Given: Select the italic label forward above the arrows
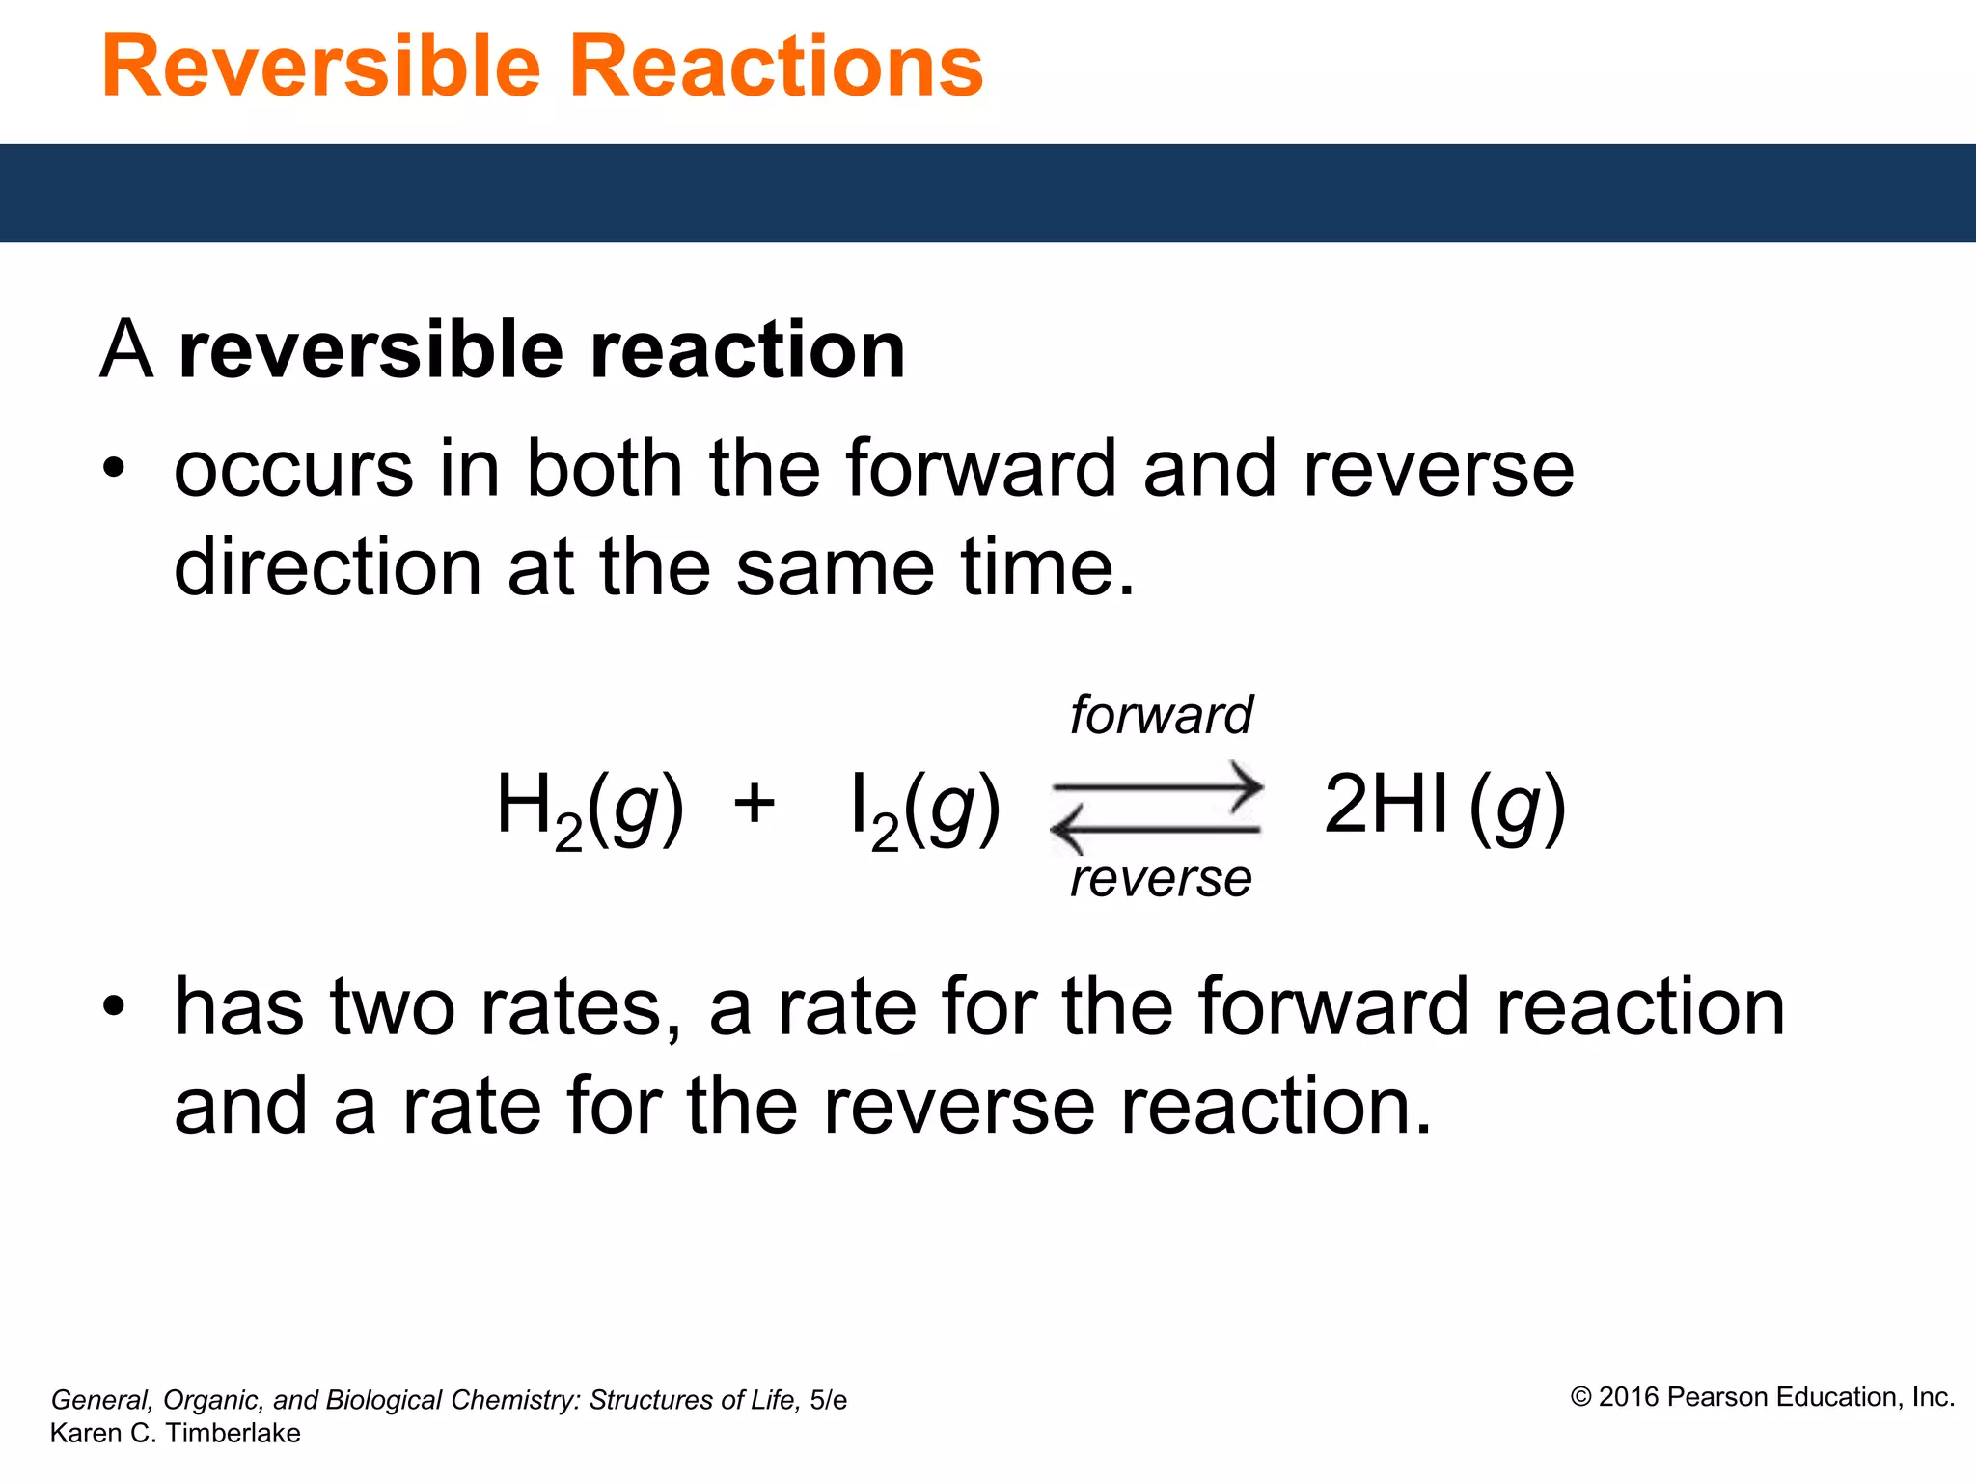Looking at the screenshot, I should [1161, 715].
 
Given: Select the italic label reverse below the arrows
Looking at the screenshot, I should [1161, 879].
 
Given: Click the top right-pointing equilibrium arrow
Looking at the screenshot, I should [1158, 786].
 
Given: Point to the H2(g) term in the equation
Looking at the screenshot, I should [590, 809].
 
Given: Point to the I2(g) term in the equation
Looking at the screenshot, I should [924, 809].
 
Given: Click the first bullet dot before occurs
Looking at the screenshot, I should [115, 469].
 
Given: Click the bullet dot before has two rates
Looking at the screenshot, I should [115, 1006].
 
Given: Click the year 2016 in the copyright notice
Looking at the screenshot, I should [1629, 1397].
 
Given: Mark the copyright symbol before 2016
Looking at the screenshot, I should [1580, 1397].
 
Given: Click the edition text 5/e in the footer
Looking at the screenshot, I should [828, 1400].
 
